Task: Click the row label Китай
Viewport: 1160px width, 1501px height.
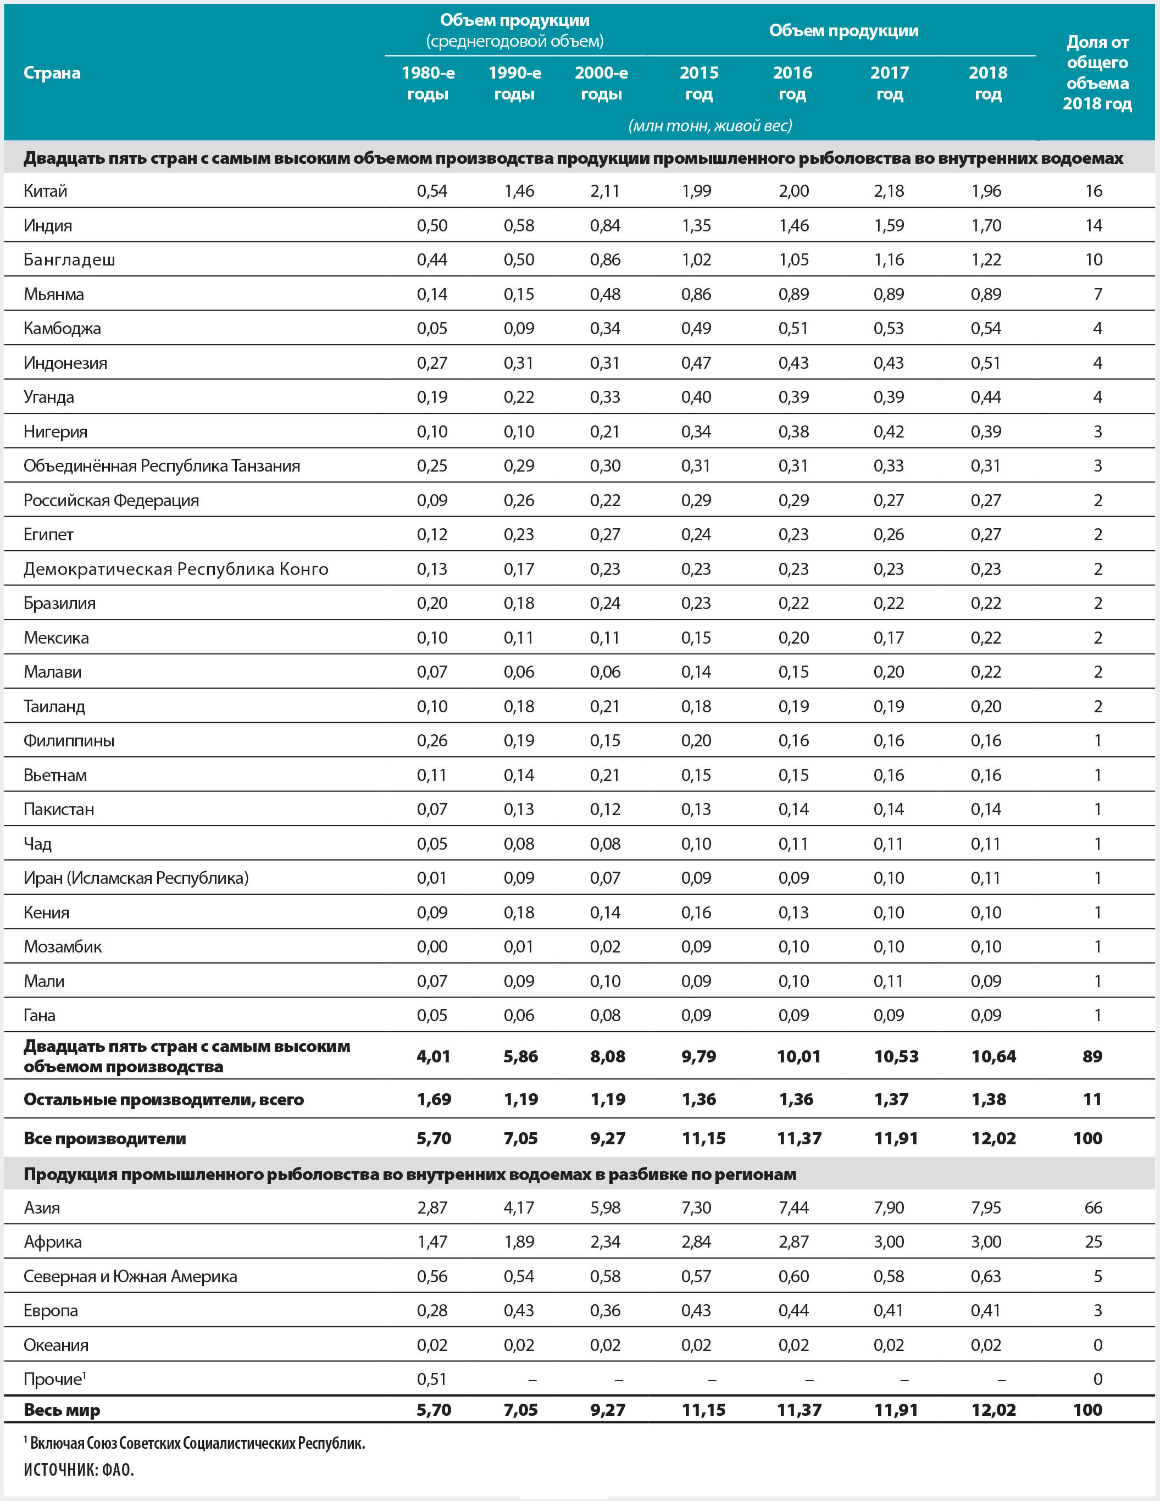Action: pyautogui.click(x=46, y=191)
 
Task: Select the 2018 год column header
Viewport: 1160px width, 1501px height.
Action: pyautogui.click(x=987, y=83)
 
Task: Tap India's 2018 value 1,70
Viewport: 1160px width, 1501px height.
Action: pyautogui.click(x=986, y=225)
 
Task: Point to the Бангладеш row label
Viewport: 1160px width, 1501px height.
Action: pyautogui.click(x=69, y=260)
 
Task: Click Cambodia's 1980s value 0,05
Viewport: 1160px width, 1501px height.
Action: pyautogui.click(x=431, y=329)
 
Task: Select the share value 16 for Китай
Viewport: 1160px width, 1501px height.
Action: pyautogui.click(x=1094, y=191)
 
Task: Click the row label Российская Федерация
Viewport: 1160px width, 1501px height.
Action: pyautogui.click(x=112, y=500)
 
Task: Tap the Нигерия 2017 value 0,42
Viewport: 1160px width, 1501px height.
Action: pyautogui.click(x=889, y=431)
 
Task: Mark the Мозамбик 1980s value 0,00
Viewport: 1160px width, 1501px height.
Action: pyautogui.click(x=431, y=946)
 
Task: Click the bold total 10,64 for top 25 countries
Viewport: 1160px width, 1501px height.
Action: pyautogui.click(x=993, y=1056)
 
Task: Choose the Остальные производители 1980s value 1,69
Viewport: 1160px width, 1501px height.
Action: pyautogui.click(x=434, y=1100)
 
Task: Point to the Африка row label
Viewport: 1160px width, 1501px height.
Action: pyautogui.click(x=52, y=1242)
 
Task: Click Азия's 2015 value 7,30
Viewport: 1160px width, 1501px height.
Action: pyautogui.click(x=696, y=1208)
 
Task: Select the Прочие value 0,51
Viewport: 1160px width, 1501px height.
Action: pyautogui.click(x=431, y=1380)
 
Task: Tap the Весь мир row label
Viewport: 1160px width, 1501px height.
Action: pyautogui.click(x=62, y=1410)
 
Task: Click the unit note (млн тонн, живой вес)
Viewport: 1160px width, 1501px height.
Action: pyautogui.click(x=710, y=126)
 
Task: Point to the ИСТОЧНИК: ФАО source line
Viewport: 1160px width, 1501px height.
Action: pyautogui.click(x=79, y=1470)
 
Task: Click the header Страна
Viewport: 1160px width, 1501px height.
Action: pyautogui.click(x=52, y=73)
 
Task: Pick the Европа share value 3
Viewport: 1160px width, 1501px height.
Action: pyautogui.click(x=1097, y=1311)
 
